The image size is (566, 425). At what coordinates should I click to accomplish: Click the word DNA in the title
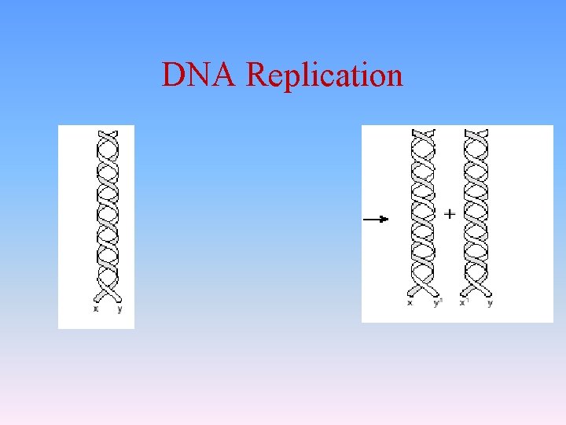click(x=200, y=76)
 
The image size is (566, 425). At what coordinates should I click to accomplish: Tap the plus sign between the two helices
click(x=450, y=213)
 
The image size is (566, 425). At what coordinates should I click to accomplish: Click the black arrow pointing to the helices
click(x=376, y=219)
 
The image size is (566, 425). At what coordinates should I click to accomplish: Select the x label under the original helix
click(x=96, y=309)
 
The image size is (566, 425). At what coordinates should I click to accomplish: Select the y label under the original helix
click(x=119, y=309)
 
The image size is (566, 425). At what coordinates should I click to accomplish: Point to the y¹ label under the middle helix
click(x=437, y=302)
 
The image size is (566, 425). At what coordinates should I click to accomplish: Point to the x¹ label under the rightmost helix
click(x=464, y=302)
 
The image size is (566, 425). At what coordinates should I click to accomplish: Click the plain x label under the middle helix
click(x=410, y=302)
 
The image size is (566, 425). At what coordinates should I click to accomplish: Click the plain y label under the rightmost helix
click(x=490, y=302)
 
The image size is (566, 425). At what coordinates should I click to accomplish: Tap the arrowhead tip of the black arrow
click(x=388, y=219)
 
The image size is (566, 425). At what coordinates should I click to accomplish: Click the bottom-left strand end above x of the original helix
click(x=97, y=298)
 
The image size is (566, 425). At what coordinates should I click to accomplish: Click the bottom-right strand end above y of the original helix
click(x=119, y=298)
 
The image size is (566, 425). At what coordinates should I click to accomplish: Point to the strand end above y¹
click(x=436, y=293)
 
